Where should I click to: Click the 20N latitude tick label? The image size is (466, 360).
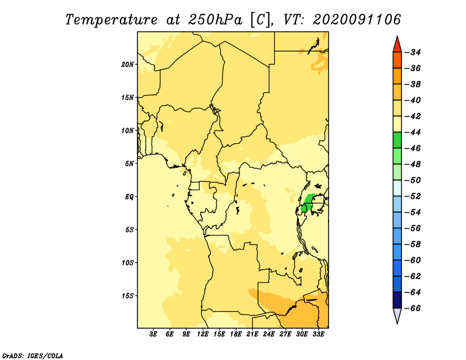coord(128,65)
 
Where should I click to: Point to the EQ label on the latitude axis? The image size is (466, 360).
coord(129,197)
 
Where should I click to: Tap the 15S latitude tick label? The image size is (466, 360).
coord(128,296)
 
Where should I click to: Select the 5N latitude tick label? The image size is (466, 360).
coord(129,164)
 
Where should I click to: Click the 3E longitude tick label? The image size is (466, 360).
coord(153,334)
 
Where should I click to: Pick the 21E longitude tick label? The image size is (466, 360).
coord(252,334)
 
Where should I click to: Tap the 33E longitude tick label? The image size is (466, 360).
coord(318,334)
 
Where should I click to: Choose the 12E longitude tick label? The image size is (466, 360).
coord(203,334)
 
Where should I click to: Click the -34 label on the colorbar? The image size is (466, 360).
coord(413,52)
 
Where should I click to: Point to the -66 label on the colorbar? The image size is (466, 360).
coord(413,308)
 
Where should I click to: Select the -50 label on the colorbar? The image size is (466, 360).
coord(413,180)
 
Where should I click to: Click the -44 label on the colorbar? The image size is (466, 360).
coord(413,132)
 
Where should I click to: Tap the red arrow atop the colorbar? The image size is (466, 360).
coord(397,45)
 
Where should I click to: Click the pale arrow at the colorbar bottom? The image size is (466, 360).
coord(397,315)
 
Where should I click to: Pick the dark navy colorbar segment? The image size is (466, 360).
coord(397,300)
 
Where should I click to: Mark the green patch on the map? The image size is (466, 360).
coord(308,203)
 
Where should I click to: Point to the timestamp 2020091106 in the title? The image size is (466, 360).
coord(356,20)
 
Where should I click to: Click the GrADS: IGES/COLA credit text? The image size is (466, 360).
coord(33,356)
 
